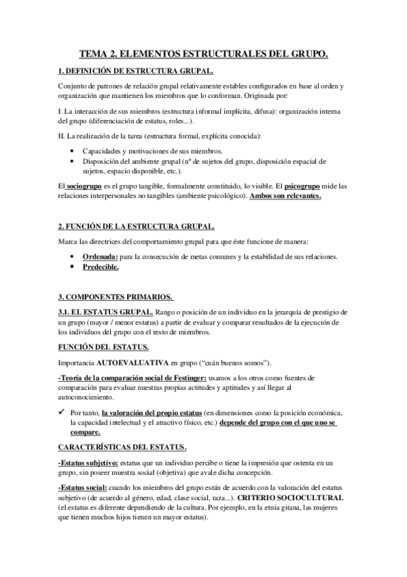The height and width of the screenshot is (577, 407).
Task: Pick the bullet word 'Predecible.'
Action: coord(101,267)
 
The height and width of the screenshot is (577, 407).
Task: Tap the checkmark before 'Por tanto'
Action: coord(63,412)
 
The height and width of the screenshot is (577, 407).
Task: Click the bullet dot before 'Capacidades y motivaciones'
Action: coord(73,150)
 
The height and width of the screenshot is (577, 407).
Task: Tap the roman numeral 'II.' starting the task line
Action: coord(62,136)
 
